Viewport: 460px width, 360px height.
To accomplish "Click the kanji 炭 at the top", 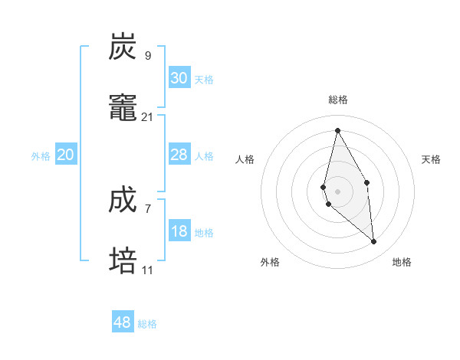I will [123, 47].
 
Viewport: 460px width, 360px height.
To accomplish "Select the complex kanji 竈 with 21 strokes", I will [123, 108].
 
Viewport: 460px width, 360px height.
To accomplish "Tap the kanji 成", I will [123, 200].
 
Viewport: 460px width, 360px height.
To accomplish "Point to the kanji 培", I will [123, 261].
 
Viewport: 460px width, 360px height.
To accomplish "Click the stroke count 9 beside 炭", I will [148, 55].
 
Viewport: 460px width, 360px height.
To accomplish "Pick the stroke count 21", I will [148, 116].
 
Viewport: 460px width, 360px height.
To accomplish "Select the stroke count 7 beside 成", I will [148, 208].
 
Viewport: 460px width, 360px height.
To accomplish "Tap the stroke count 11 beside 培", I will [148, 270].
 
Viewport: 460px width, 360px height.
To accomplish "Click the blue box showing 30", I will [179, 78].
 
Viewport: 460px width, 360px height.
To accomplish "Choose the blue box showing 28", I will [179, 155].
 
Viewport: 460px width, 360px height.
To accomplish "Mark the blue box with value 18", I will [179, 231].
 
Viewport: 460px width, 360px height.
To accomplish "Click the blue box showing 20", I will [66, 155].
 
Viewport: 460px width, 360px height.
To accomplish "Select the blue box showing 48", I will [123, 322].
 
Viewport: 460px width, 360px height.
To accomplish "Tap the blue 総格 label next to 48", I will [147, 324].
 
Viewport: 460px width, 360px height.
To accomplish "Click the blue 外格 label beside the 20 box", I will [41, 156].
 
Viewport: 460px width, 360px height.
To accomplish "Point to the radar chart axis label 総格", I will [338, 100].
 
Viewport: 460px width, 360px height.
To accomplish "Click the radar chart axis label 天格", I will [432, 159].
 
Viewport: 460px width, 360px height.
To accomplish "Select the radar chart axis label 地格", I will [402, 262].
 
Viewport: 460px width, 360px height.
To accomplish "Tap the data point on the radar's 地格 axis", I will [374, 242].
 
